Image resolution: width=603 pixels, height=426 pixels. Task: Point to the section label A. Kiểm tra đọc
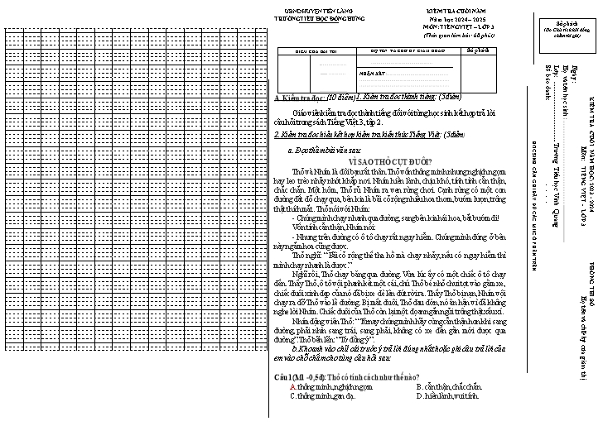(294, 98)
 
